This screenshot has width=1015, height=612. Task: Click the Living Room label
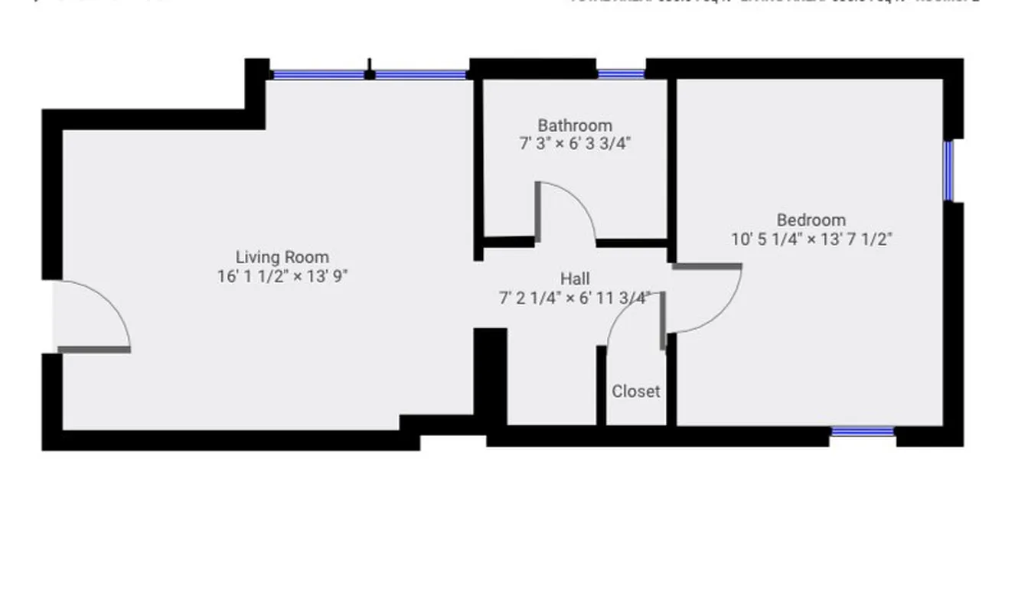pos(282,257)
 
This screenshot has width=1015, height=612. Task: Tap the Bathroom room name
pos(574,125)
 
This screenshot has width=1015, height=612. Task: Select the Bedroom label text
pos(811,220)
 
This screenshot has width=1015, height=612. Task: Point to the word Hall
pos(575,278)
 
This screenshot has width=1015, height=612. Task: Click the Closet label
pos(635,391)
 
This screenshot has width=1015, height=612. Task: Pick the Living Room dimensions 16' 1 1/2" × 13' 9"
pos(282,276)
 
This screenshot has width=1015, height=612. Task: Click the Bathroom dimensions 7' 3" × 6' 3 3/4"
pos(574,143)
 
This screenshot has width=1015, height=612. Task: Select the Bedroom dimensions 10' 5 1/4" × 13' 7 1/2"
pos(811,239)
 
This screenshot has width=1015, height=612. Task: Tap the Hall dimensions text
pos(575,298)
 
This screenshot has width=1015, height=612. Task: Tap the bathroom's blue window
pos(621,74)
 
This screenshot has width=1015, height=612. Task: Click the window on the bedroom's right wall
pos(949,170)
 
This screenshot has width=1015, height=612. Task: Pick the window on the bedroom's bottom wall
pos(862,432)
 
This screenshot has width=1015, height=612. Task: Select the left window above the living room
pos(318,75)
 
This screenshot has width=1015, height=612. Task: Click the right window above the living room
pos(420,75)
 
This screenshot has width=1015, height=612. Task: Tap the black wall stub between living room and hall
pos(490,375)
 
